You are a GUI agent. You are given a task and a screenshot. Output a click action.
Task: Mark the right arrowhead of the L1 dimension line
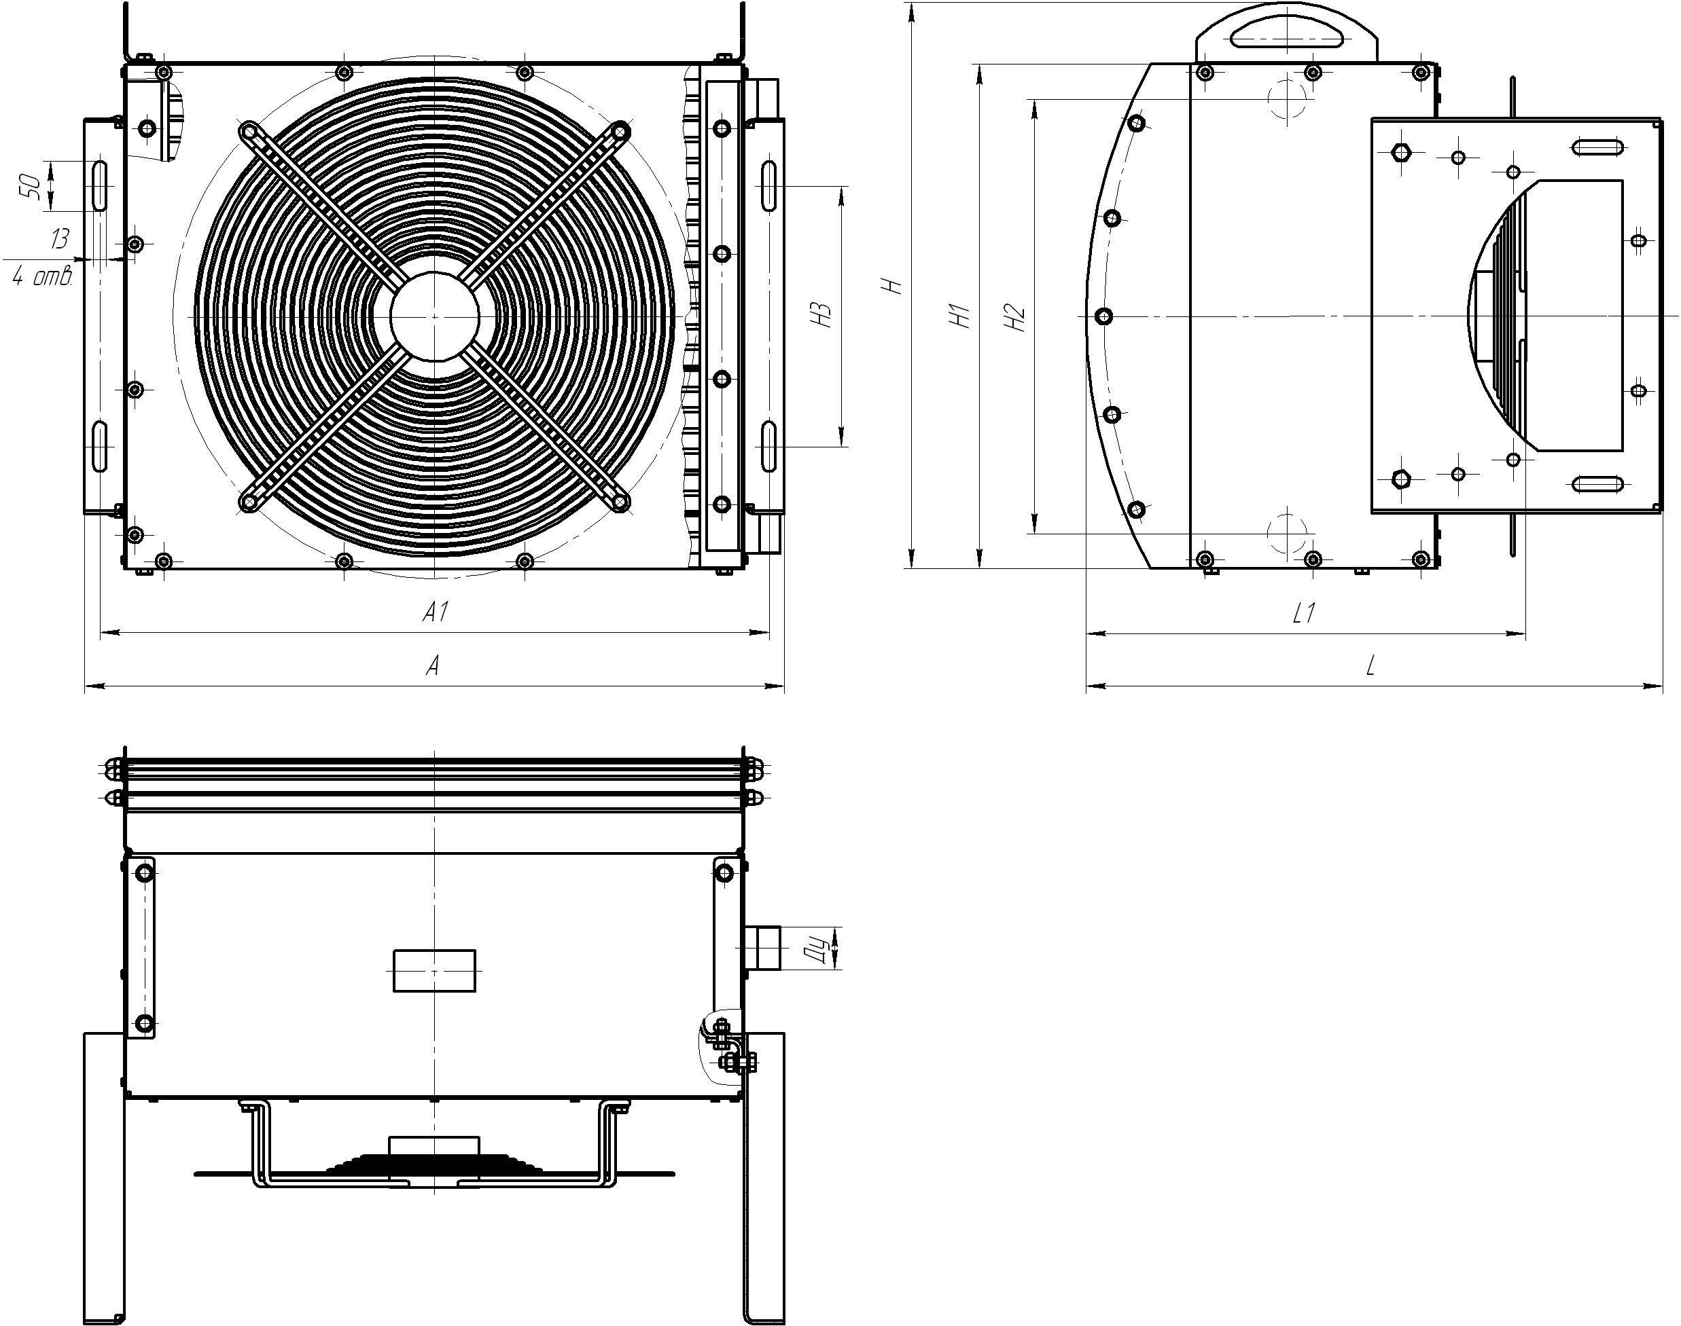(1525, 633)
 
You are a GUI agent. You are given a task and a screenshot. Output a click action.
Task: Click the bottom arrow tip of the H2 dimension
(1035, 534)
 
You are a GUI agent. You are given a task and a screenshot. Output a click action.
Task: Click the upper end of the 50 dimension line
(50, 161)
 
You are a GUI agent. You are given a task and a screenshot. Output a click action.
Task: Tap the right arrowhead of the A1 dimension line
(769, 633)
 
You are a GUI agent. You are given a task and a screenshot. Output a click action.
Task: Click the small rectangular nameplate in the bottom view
(434, 970)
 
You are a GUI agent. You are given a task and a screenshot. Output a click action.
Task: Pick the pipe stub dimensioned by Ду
(762, 948)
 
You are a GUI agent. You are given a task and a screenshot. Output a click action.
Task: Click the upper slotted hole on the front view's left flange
(99, 185)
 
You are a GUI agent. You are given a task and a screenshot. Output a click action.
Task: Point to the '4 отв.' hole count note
(42, 277)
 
